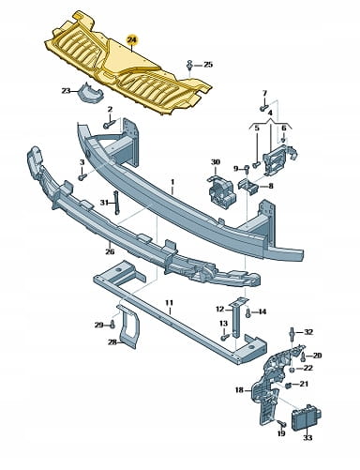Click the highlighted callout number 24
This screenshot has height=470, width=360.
click(x=132, y=40)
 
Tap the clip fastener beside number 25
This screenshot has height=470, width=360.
click(x=189, y=65)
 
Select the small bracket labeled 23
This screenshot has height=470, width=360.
click(x=90, y=92)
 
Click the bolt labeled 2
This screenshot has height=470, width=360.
click(x=110, y=125)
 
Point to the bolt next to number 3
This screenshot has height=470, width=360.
click(x=82, y=177)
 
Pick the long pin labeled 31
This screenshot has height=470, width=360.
click(x=116, y=202)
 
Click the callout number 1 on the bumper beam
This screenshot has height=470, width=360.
click(x=172, y=182)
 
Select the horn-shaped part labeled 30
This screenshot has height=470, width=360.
click(x=221, y=190)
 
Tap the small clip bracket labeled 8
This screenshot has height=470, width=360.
click(x=247, y=185)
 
